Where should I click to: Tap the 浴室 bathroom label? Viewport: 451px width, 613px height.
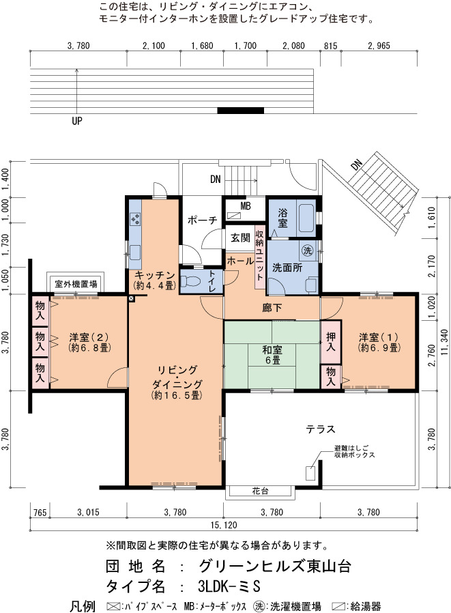coord(282,218)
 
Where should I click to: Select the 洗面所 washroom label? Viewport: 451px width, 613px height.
coord(287,268)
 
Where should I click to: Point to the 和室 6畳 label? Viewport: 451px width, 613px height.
coord(272,354)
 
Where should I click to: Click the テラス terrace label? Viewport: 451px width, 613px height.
coord(321,429)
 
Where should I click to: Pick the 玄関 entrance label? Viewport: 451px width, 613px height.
coord(240,238)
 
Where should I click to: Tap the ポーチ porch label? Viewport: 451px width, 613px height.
coord(202,220)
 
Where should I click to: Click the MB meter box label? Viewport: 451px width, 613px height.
coord(246,205)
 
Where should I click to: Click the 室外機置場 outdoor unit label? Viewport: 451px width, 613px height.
coord(76,283)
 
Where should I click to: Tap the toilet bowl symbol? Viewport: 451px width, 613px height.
coord(192,281)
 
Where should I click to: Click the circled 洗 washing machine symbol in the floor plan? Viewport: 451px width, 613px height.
coord(308,251)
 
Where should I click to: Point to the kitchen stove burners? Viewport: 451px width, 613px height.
coord(135,219)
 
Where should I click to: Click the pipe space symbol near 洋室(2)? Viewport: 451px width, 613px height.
coord(131,299)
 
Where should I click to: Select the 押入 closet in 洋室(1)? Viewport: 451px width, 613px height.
coord(331,342)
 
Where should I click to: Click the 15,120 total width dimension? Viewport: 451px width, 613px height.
coord(224,525)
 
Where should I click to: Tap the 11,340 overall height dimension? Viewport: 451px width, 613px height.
coord(443,343)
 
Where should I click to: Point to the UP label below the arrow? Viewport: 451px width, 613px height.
coord(77,121)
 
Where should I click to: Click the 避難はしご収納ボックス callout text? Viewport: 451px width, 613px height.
coord(355,451)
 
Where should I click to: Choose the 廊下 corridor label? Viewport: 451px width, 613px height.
coord(272,308)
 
